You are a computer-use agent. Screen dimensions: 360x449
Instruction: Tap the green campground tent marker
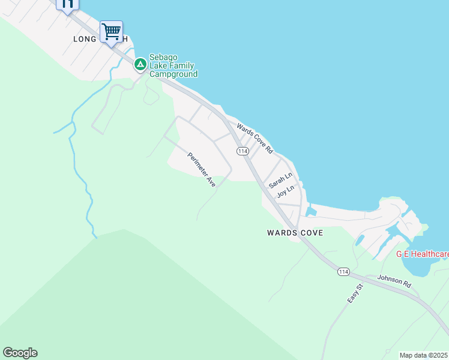(x=140, y=64)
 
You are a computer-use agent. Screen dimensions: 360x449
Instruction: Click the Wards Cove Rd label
(x=255, y=138)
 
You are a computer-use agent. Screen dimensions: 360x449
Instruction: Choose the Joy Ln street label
(x=286, y=191)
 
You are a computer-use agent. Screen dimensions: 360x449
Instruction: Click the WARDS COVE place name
(x=295, y=233)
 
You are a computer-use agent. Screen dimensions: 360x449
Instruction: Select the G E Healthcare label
(x=422, y=254)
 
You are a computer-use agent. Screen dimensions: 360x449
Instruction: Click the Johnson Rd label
(x=394, y=280)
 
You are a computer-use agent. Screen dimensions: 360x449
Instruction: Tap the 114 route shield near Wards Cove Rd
(x=243, y=151)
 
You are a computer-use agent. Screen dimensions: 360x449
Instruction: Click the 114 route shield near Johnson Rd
(x=343, y=272)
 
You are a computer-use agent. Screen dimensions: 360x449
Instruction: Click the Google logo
(x=20, y=353)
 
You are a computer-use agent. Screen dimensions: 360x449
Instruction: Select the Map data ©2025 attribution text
(x=424, y=355)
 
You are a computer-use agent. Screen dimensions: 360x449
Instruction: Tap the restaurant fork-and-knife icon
(x=67, y=4)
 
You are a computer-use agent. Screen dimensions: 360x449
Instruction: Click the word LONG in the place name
(x=85, y=39)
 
